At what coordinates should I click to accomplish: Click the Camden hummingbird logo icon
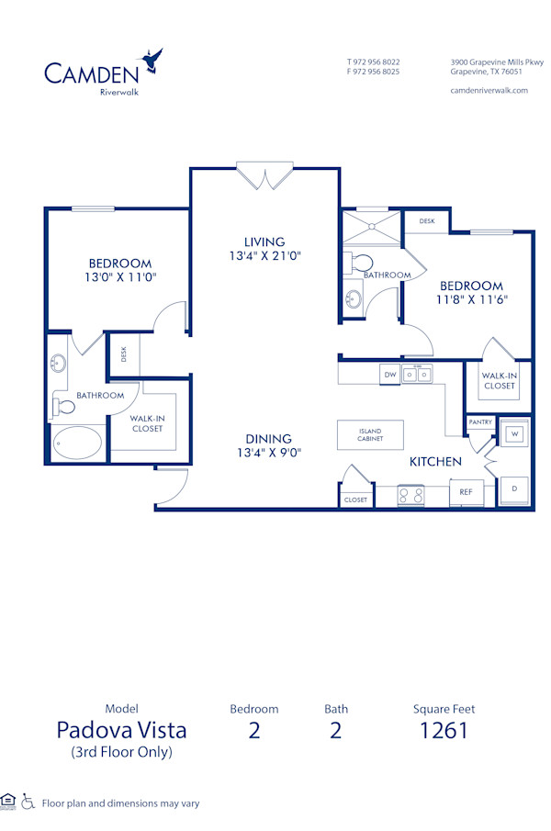(x=153, y=62)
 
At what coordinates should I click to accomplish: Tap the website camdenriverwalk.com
(x=489, y=90)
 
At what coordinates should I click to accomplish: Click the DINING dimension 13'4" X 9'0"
(x=268, y=452)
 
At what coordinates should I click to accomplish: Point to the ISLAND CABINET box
(x=370, y=435)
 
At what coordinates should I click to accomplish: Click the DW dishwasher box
(x=389, y=375)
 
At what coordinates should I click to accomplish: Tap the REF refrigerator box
(x=466, y=492)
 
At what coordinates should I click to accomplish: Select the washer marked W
(x=514, y=433)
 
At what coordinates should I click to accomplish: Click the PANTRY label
(x=480, y=422)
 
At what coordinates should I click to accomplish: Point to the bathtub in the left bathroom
(x=76, y=443)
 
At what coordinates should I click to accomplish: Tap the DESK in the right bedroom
(x=427, y=221)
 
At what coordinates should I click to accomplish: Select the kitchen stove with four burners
(x=410, y=495)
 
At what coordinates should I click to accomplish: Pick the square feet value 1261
(x=444, y=730)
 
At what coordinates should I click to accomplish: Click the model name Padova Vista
(x=121, y=730)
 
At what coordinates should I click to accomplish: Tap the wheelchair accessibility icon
(x=28, y=802)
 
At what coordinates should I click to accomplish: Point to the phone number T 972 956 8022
(x=373, y=62)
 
